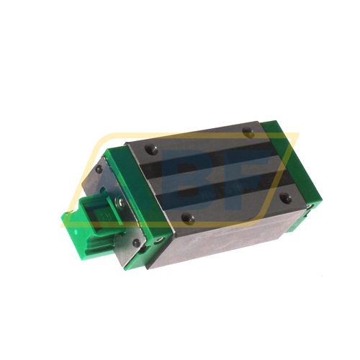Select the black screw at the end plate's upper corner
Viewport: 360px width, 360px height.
tap(99, 170)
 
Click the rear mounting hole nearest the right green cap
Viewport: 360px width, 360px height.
tap(247, 132)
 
